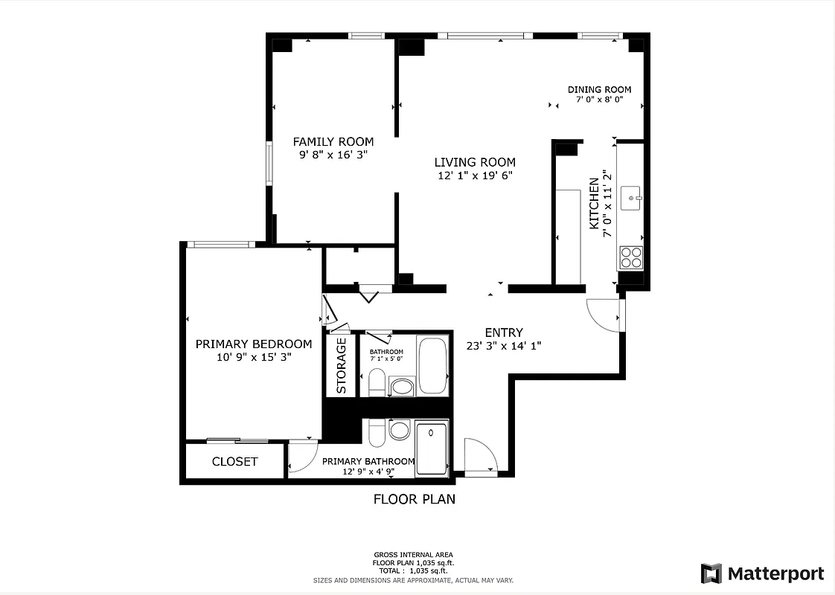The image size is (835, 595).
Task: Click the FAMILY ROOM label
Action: [x=333, y=141]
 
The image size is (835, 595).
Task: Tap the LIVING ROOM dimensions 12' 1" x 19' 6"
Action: [x=475, y=176]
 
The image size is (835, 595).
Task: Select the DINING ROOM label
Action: [x=599, y=89]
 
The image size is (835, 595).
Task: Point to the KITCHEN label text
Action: [x=594, y=203]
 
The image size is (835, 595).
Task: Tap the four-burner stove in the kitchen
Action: [x=631, y=257]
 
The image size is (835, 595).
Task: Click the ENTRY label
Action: [x=504, y=332]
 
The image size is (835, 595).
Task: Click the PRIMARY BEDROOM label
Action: [x=253, y=344]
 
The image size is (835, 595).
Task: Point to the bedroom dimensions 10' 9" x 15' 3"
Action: [x=253, y=356]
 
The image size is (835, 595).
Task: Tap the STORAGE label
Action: [x=342, y=366]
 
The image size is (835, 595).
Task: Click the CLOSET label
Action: [x=234, y=461]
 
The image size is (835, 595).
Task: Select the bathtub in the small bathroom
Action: [x=432, y=366]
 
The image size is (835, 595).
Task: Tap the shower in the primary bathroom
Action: [x=432, y=448]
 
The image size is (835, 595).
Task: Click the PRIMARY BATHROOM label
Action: [x=368, y=461]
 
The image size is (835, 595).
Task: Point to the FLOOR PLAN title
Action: [x=414, y=499]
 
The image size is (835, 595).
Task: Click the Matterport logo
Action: [x=762, y=573]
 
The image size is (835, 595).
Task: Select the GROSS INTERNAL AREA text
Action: [x=413, y=555]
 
